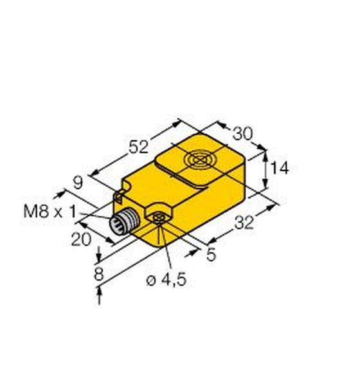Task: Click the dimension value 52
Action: click(x=139, y=147)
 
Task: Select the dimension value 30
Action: click(x=242, y=134)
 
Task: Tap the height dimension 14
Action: click(x=280, y=169)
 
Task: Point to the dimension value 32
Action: click(x=244, y=223)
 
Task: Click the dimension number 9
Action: click(x=78, y=183)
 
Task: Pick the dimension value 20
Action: click(x=81, y=239)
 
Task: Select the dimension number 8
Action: click(x=99, y=274)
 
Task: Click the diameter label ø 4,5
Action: click(x=166, y=280)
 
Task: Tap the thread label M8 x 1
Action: click(x=50, y=212)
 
